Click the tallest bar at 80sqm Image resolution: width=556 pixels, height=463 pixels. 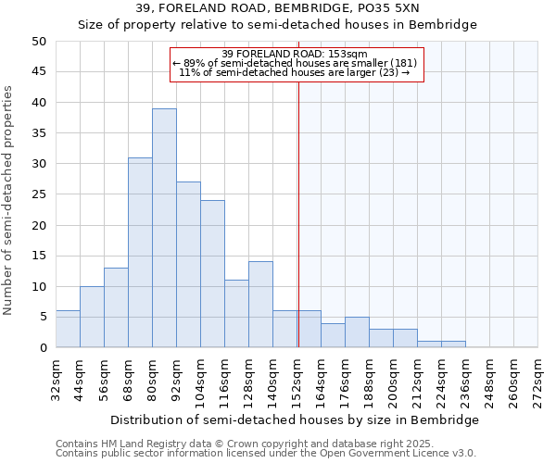(x=164, y=228)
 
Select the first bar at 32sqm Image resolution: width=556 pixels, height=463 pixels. (x=68, y=329)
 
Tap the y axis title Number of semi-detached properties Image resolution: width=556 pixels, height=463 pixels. (x=9, y=200)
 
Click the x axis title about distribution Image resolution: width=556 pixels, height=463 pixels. (x=297, y=420)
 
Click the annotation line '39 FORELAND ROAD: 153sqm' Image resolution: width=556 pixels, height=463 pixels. (x=296, y=54)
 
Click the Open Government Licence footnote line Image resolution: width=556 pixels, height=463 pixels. (x=266, y=454)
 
